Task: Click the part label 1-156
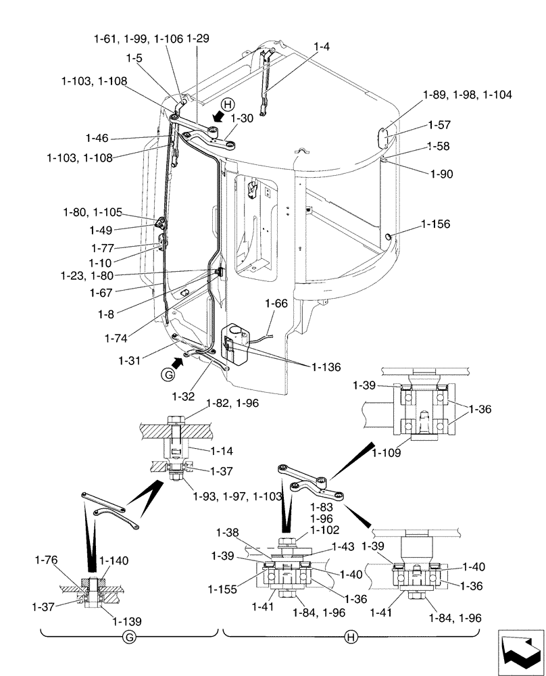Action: click(435, 224)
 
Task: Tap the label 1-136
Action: click(326, 367)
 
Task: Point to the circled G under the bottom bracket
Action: click(129, 637)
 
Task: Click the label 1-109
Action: click(386, 454)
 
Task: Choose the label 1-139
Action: click(126, 621)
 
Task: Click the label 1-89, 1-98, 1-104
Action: click(468, 95)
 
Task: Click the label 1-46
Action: click(97, 138)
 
